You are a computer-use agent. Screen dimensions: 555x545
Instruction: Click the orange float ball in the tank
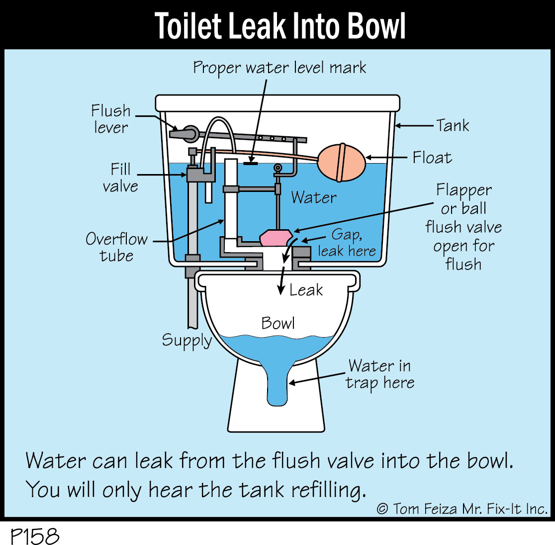pyautogui.click(x=341, y=163)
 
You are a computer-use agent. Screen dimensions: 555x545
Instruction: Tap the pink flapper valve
pyautogui.click(x=277, y=238)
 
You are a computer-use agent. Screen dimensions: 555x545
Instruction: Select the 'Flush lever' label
pyautogui.click(x=111, y=119)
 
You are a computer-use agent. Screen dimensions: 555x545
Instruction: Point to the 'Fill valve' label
pyautogui.click(x=120, y=178)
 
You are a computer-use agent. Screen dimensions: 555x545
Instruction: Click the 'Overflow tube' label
pyautogui.click(x=116, y=247)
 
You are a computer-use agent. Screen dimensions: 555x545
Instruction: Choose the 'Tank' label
pyautogui.click(x=453, y=125)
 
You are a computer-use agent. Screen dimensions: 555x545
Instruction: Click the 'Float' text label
pyautogui.click(x=432, y=158)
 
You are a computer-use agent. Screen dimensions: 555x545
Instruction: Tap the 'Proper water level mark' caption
pyautogui.click(x=279, y=68)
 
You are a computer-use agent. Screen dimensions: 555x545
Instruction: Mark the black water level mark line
pyautogui.click(x=251, y=163)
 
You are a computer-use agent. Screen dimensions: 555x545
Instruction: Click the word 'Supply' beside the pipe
pyautogui.click(x=186, y=341)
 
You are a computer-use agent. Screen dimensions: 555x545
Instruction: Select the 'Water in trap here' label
pyautogui.click(x=380, y=374)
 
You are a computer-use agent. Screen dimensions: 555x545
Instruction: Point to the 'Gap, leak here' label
pyautogui.click(x=347, y=243)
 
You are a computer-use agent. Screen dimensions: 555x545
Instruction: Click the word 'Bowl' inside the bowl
pyautogui.click(x=278, y=323)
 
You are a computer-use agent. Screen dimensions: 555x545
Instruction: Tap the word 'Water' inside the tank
pyautogui.click(x=314, y=197)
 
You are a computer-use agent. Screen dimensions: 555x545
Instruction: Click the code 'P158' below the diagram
pyautogui.click(x=35, y=536)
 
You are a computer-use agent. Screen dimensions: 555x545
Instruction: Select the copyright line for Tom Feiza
pyautogui.click(x=462, y=509)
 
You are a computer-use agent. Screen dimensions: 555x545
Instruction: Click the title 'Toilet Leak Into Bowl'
pyautogui.click(x=279, y=26)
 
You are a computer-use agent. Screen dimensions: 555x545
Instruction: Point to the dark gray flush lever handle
pyautogui.click(x=184, y=133)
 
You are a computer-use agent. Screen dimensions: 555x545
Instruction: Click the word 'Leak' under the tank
pyautogui.click(x=306, y=290)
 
